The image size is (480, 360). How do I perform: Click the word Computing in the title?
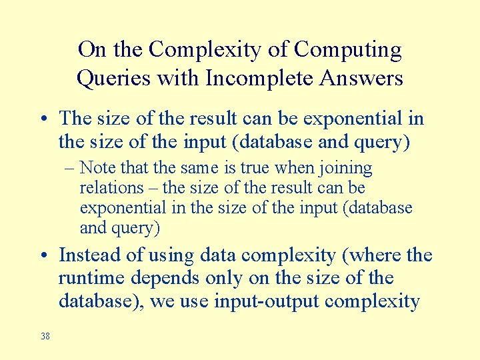(348, 50)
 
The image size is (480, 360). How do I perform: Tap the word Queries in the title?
(113, 79)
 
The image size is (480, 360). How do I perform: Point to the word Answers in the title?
(361, 79)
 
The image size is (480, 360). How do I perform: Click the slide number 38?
(45, 336)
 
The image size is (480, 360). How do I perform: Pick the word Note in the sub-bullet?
(97, 168)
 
